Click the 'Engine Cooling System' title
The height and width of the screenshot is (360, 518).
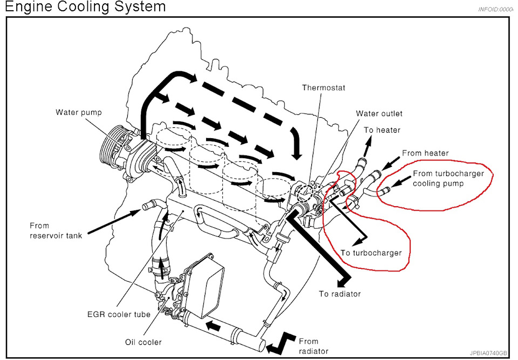(x=83, y=7)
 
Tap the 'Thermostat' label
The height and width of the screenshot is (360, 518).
(x=323, y=87)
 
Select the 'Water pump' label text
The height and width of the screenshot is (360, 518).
(x=78, y=112)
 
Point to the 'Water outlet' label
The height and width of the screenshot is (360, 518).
(x=379, y=113)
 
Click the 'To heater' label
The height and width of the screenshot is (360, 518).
(x=382, y=130)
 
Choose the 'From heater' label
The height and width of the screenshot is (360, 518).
(x=425, y=153)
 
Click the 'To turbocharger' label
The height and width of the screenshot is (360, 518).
(x=371, y=253)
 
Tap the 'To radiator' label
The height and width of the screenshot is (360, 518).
(x=339, y=294)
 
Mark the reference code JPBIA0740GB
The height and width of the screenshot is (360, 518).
(x=488, y=352)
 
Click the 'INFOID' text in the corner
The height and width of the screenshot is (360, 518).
(x=495, y=10)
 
